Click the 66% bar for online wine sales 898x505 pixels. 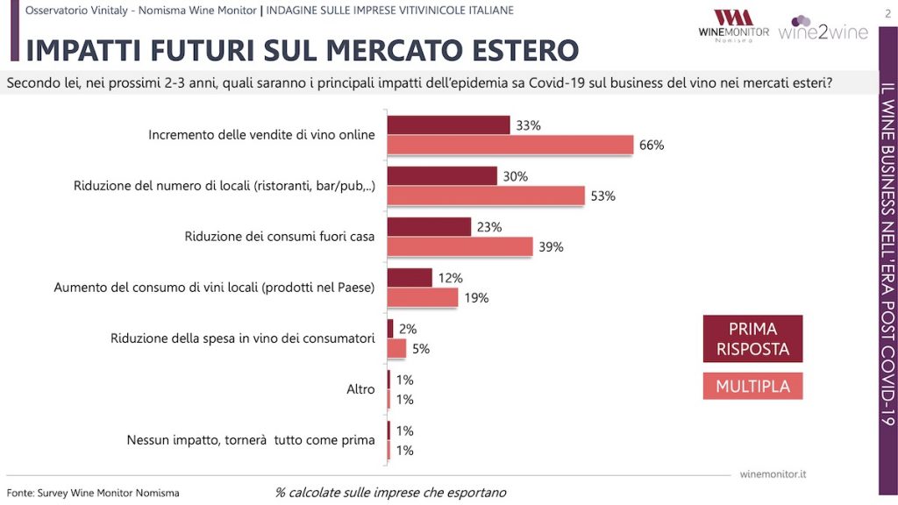point(510,146)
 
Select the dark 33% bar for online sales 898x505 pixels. point(448,125)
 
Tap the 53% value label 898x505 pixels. point(602,196)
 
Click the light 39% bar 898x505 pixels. point(460,247)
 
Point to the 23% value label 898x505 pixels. point(489,227)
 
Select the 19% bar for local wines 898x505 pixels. point(423,298)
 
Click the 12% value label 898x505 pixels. point(449,278)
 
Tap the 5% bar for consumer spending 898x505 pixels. point(397,349)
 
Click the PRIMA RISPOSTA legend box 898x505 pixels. point(752,338)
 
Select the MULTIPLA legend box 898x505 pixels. point(752,386)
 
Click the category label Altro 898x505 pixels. point(360,389)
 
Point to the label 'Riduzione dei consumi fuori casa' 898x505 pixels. point(280,237)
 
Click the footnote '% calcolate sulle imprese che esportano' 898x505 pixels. point(390,493)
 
